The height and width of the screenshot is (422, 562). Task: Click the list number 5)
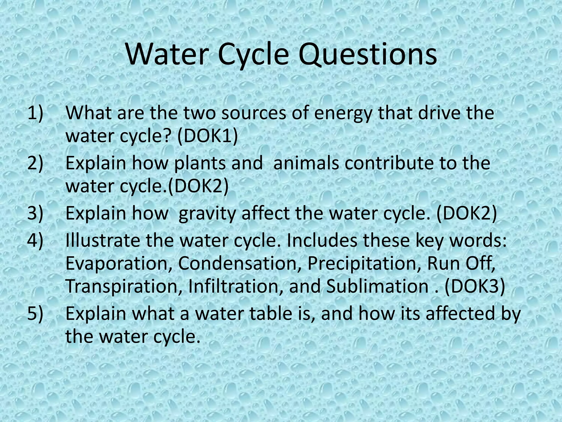tap(35, 313)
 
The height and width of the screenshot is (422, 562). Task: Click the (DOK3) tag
tap(475, 286)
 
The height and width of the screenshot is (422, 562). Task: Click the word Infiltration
tap(236, 286)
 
